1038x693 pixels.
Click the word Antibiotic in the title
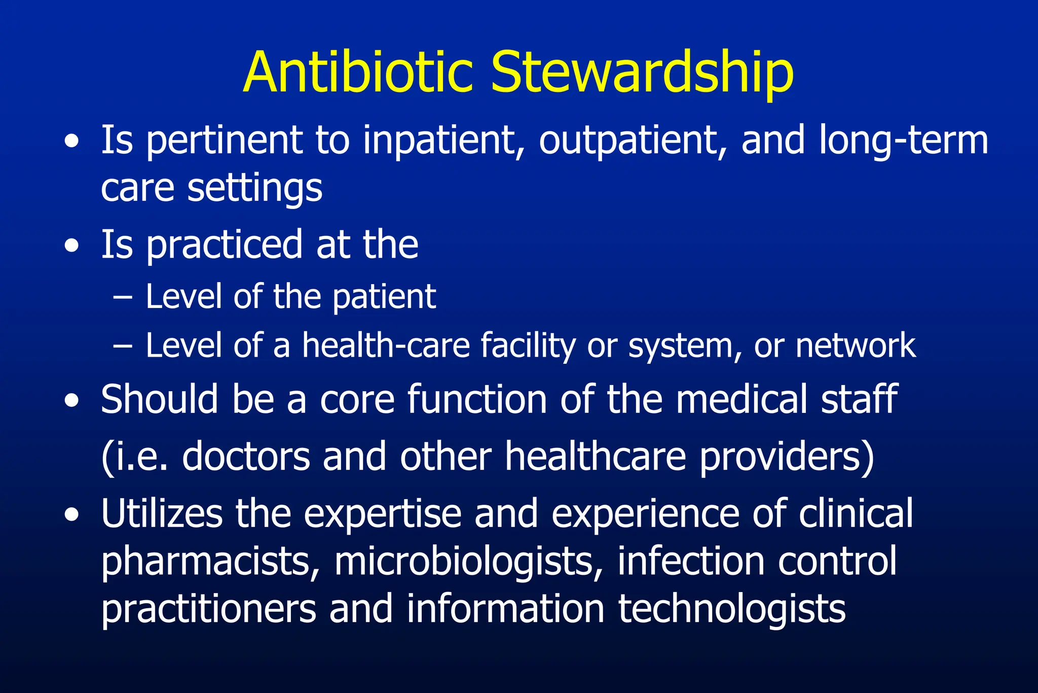pyautogui.click(x=358, y=72)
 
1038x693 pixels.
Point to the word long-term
pyautogui.click(x=903, y=140)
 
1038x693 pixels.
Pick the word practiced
pyautogui.click(x=225, y=246)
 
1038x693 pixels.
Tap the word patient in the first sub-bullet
pyautogui.click(x=384, y=297)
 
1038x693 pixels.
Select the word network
pyautogui.click(x=856, y=345)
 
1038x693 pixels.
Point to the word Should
pyautogui.click(x=160, y=399)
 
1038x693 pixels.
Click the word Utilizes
pyautogui.click(x=162, y=513)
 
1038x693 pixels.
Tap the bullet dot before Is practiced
pyautogui.click(x=72, y=247)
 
